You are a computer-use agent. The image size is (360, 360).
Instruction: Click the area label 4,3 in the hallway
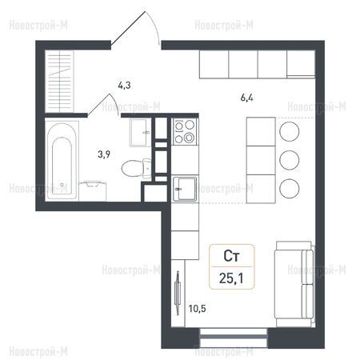click(x=124, y=86)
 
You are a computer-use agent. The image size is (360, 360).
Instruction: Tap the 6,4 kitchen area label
click(x=247, y=98)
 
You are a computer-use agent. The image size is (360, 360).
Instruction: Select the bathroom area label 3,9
click(x=104, y=154)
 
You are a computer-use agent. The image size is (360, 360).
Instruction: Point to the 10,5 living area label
click(x=197, y=309)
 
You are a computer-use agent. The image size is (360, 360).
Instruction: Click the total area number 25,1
click(x=231, y=278)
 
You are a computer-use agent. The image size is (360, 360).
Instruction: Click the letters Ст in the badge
click(x=231, y=256)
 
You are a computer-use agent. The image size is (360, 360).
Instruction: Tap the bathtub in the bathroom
click(x=62, y=161)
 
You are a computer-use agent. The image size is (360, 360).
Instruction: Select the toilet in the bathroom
click(x=136, y=168)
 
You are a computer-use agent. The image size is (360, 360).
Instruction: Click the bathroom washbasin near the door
click(x=140, y=133)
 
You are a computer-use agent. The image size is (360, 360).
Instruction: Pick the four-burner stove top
click(x=185, y=131)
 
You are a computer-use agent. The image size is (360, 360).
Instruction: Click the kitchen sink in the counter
click(x=185, y=189)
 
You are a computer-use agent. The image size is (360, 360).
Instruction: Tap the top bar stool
click(x=290, y=131)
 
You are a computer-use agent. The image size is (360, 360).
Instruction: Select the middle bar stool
click(x=290, y=160)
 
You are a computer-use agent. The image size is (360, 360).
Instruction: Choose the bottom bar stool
click(x=290, y=188)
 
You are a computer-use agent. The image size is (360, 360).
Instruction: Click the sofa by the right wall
click(x=294, y=284)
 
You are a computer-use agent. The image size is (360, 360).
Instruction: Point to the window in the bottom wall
click(x=234, y=338)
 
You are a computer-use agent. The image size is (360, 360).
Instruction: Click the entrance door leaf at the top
click(x=128, y=28)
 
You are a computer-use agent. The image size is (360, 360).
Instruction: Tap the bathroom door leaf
click(x=98, y=106)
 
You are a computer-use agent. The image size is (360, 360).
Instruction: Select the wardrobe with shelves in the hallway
click(x=59, y=82)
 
